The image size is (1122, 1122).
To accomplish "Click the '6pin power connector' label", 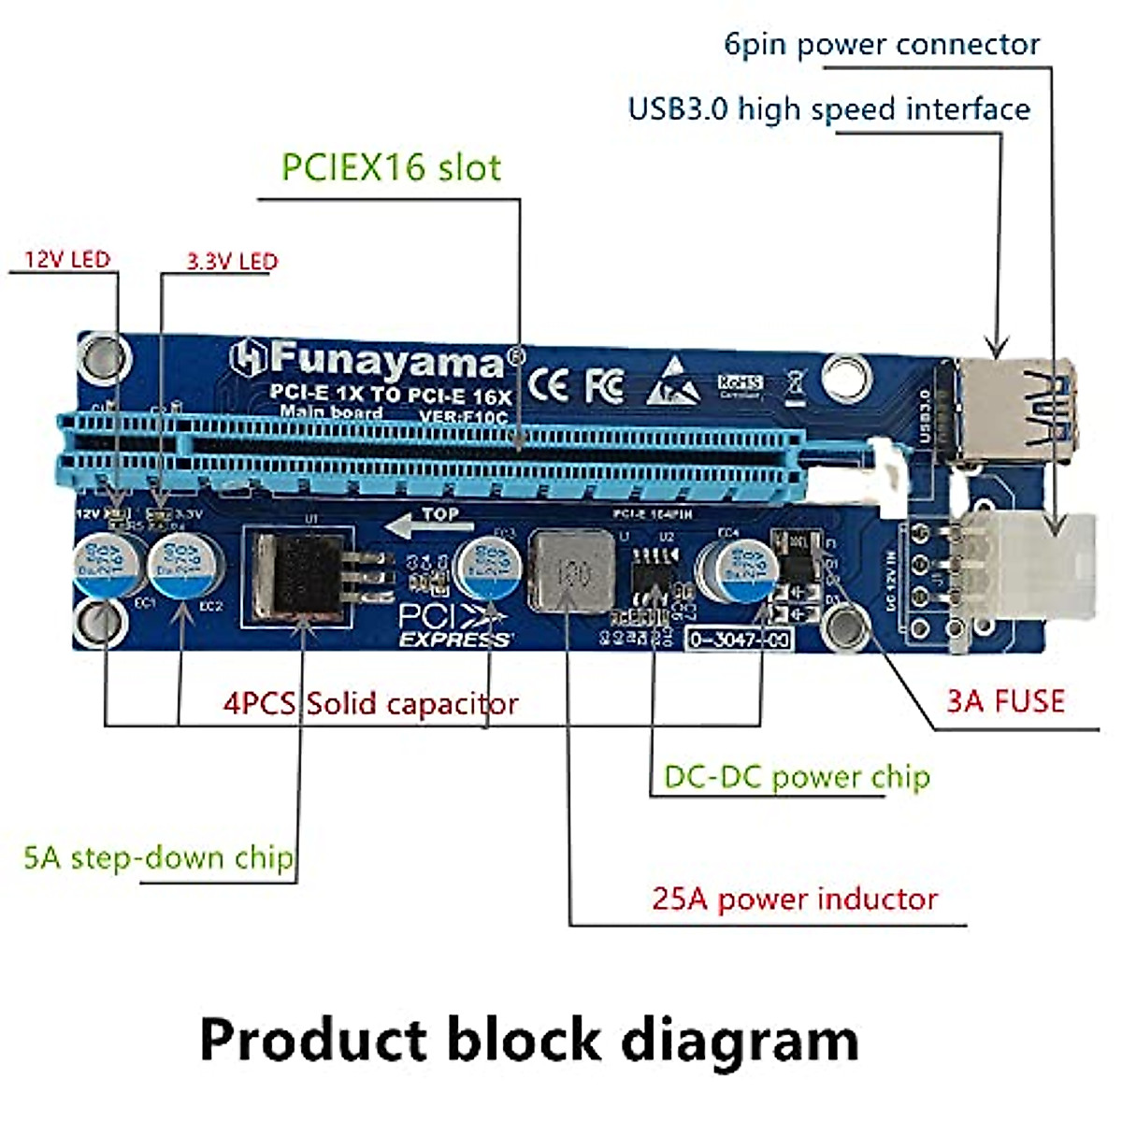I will [882, 45].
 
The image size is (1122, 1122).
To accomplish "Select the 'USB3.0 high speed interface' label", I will [828, 109].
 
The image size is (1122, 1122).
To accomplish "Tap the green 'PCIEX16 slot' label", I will [391, 167].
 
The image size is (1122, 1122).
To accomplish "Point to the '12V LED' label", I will [66, 259].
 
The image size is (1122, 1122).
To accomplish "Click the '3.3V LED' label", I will [232, 261].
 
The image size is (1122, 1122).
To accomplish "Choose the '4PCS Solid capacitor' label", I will [370, 703].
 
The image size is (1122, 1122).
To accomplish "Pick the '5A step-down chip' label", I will [158, 857].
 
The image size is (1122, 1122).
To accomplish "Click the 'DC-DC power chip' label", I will [797, 777].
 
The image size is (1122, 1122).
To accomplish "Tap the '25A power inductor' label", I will [795, 899].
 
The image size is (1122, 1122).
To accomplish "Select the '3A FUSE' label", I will [1005, 701].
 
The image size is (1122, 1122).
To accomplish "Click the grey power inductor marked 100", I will [571, 570].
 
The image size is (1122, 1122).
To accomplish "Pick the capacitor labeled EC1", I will [107, 564].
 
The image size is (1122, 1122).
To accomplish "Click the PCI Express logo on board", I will [453, 626].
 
